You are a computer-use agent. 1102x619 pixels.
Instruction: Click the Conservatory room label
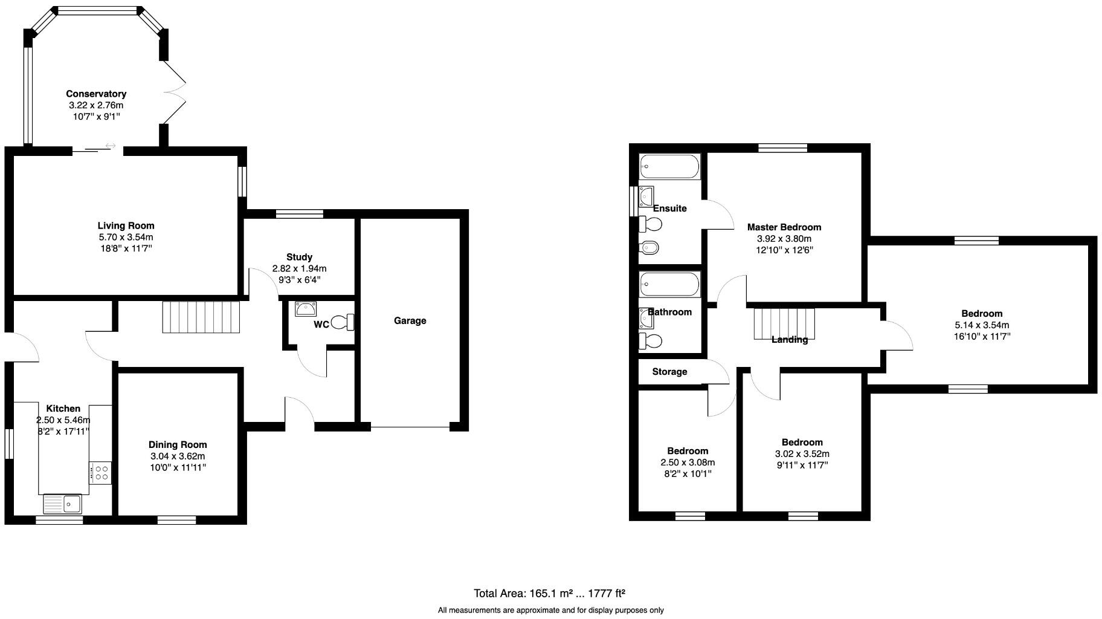click(x=96, y=94)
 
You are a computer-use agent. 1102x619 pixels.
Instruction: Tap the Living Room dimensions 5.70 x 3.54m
click(x=126, y=237)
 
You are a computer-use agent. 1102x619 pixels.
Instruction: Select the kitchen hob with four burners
click(x=100, y=472)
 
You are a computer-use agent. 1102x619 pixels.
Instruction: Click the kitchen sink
click(x=62, y=503)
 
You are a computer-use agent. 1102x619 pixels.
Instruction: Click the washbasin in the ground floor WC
click(x=306, y=309)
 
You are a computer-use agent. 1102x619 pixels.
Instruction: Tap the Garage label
click(x=410, y=320)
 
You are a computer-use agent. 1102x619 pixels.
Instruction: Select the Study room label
click(x=299, y=257)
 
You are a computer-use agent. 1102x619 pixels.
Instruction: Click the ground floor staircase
click(x=201, y=317)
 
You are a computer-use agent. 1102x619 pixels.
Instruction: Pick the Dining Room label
click(x=178, y=445)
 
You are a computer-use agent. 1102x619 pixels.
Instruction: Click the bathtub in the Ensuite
click(x=669, y=166)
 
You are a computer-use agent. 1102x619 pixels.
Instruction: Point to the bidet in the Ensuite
click(x=650, y=247)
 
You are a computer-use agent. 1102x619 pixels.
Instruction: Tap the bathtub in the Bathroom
click(x=669, y=284)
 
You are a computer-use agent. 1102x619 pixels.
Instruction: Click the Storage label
click(x=669, y=372)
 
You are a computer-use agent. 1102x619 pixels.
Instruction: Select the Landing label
click(x=790, y=340)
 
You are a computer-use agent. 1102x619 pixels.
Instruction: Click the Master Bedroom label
click(x=784, y=227)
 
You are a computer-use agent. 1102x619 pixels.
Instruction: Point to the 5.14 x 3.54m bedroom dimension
click(x=982, y=325)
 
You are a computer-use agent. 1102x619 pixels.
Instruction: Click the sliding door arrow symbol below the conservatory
click(x=111, y=146)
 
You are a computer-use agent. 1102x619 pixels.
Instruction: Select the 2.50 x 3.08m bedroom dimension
click(x=688, y=462)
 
